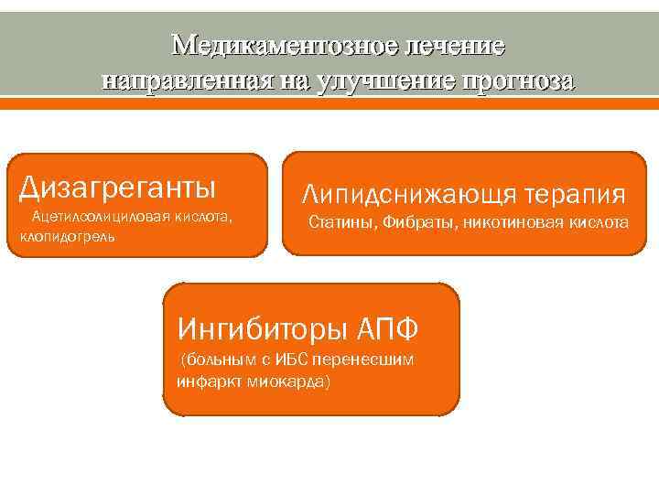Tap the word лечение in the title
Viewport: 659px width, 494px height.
click(455, 44)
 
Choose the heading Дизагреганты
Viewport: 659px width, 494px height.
click(118, 187)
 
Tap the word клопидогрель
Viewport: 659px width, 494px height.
click(65, 236)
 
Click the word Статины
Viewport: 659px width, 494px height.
click(342, 222)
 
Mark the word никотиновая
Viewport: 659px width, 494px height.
click(512, 222)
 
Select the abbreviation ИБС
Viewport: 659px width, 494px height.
click(293, 360)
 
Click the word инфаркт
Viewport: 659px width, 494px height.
click(207, 380)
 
